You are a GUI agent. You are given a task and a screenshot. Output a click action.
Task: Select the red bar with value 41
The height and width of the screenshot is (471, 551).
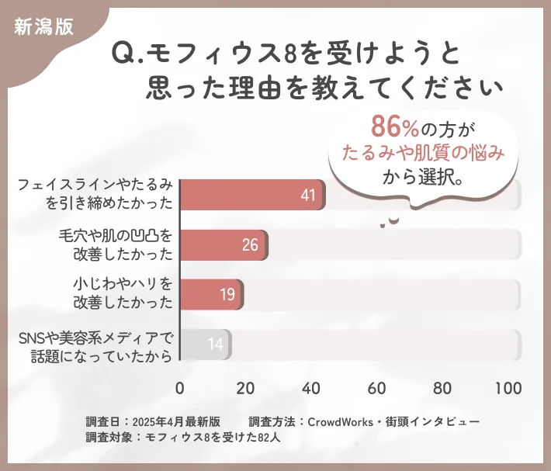252,195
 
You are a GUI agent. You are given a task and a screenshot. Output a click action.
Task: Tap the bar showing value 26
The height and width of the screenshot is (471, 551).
224,245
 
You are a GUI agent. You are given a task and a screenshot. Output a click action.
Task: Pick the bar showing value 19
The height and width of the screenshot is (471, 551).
212,295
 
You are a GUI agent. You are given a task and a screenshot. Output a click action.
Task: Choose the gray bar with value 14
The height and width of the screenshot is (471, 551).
206,345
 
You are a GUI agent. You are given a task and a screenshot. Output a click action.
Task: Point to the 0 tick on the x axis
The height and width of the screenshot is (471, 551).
180,388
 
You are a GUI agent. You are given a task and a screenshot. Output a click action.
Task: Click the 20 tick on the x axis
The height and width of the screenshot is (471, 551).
246,388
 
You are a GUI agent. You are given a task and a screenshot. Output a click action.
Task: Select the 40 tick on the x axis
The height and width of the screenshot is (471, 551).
312,388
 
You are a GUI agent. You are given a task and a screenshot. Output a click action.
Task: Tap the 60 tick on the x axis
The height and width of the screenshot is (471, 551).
378,388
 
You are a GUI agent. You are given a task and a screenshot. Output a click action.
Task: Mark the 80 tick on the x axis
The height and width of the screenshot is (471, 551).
443,388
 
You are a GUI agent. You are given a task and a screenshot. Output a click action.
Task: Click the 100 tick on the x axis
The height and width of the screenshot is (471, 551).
508,388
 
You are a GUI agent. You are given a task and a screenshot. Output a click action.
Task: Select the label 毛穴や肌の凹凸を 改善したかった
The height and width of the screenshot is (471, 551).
116,244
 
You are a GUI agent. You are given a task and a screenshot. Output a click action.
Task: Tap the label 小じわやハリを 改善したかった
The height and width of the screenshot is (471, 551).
122,294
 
